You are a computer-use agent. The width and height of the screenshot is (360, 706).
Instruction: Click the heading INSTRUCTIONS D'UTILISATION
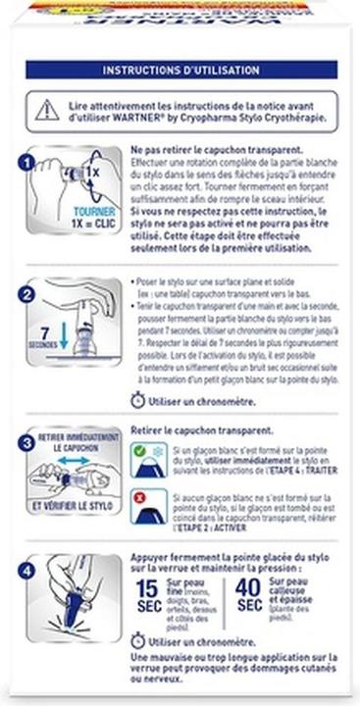[x=180, y=71]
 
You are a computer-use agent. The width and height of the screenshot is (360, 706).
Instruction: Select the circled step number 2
[x=28, y=293]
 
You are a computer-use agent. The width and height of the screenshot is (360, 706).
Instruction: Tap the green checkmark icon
[x=143, y=454]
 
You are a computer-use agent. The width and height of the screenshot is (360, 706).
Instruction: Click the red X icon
[x=143, y=500]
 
